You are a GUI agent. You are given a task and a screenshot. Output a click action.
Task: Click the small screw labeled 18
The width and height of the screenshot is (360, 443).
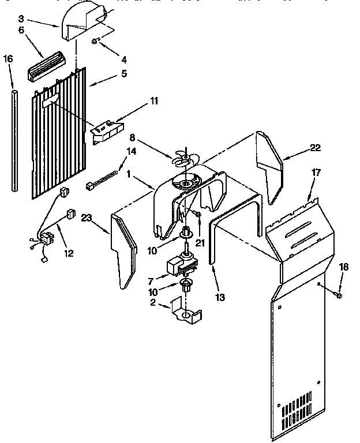click(339, 296)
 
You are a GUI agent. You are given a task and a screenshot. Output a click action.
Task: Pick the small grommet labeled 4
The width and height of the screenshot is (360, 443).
click(96, 41)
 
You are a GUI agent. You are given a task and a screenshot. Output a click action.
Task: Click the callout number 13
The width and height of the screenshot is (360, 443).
click(219, 298)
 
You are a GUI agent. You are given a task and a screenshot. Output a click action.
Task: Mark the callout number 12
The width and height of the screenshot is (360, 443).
click(69, 253)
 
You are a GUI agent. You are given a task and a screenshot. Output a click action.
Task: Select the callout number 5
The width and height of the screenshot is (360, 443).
click(124, 74)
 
